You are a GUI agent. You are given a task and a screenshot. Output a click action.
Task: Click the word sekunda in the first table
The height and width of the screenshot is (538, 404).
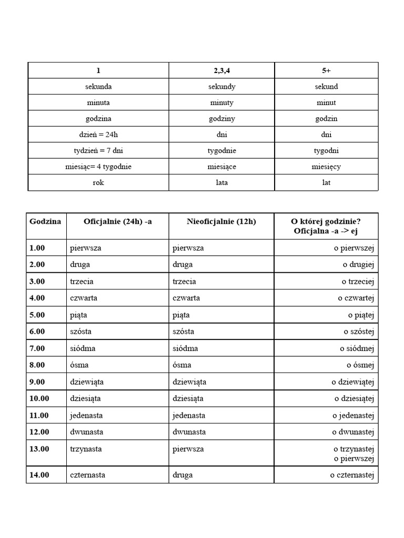[x=98, y=86]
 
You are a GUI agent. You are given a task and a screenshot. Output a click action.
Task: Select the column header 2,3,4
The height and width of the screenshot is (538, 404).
[x=221, y=70]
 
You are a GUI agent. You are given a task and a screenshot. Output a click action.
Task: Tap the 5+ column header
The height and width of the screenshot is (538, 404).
[x=326, y=70]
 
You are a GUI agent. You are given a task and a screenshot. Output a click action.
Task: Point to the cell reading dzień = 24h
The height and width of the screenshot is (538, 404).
[x=98, y=134]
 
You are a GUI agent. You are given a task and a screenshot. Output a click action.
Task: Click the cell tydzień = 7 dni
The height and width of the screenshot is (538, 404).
[x=98, y=151]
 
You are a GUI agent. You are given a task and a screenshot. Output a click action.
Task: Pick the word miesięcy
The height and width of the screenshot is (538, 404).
[x=326, y=167]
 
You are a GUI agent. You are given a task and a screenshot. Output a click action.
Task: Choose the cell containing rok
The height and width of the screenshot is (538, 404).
[x=98, y=183]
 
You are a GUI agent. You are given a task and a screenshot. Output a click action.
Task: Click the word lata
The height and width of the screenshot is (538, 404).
[x=221, y=183]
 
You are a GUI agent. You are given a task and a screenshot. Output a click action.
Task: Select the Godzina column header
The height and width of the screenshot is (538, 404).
[x=45, y=221]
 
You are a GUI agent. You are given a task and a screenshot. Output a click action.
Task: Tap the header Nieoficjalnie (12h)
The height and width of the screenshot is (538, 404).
[x=221, y=221]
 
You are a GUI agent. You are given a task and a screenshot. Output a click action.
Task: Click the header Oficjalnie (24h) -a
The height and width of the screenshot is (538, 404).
[x=118, y=221]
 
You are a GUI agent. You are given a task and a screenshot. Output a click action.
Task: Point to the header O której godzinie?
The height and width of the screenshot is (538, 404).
[x=326, y=221]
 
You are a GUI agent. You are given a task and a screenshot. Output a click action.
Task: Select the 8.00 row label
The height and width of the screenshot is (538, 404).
[x=37, y=365]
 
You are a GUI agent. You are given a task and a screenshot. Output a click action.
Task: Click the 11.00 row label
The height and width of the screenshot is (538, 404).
[x=39, y=415]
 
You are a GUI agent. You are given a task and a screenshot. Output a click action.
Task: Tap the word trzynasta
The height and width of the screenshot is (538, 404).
[x=86, y=449]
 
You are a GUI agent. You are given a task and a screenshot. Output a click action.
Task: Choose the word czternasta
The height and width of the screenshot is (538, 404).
[x=87, y=475]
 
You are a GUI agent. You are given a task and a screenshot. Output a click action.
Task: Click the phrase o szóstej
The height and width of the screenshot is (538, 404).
[x=359, y=331]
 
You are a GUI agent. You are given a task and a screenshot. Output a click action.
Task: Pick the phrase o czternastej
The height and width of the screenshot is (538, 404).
[x=352, y=475]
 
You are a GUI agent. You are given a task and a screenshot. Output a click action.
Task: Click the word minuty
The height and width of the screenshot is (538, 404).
[x=221, y=102]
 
